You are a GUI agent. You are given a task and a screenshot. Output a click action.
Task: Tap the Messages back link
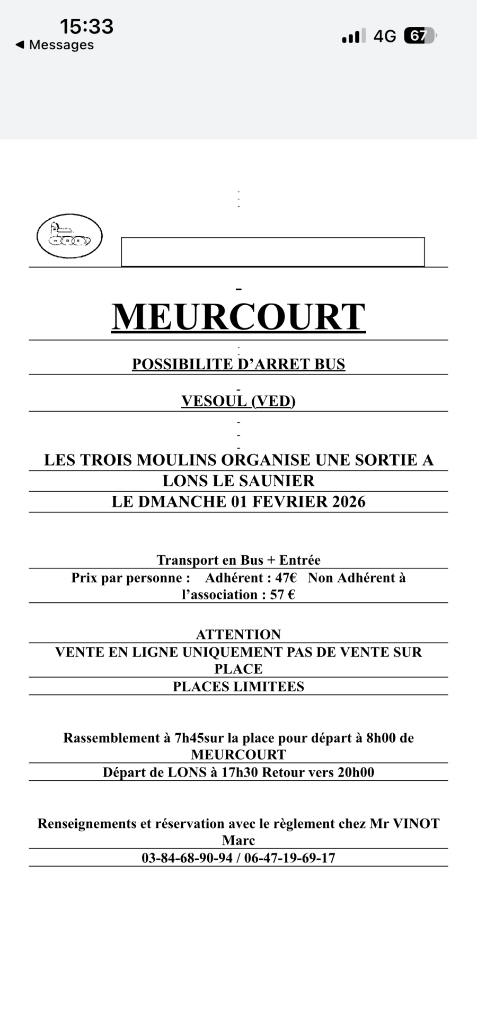click(55, 45)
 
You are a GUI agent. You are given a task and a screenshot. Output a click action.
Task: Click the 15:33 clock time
click(86, 26)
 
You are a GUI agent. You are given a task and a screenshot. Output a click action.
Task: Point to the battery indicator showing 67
click(420, 35)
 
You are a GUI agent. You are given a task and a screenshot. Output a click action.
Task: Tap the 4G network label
click(385, 36)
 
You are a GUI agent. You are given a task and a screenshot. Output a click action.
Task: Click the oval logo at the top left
click(69, 236)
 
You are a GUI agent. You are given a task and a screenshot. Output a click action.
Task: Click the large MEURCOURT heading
click(238, 317)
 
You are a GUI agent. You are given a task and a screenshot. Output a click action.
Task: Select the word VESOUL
click(214, 401)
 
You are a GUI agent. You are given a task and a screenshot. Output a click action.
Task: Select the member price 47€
click(286, 577)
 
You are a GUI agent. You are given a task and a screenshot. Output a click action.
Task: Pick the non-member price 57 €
click(282, 594)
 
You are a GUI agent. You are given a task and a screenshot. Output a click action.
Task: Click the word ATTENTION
click(238, 634)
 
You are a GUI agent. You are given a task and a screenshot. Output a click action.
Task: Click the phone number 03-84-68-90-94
click(187, 858)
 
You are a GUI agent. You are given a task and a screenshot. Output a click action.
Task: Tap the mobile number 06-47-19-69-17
click(290, 858)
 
